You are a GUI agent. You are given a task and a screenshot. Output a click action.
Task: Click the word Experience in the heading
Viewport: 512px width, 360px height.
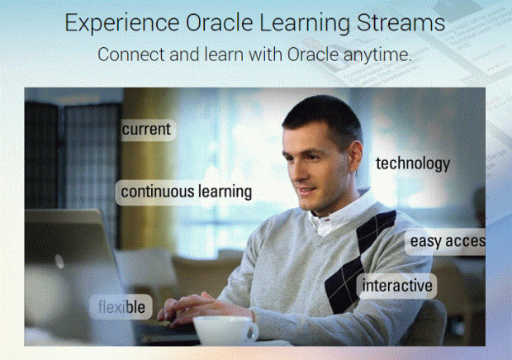(116, 22)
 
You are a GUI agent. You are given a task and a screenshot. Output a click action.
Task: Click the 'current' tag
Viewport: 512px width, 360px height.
(146, 130)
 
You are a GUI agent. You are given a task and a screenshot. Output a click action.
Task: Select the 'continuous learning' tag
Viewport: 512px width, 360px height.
(186, 192)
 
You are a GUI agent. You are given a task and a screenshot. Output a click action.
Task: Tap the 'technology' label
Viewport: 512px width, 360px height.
(412, 163)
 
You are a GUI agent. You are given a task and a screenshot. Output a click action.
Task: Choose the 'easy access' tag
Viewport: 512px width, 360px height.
(446, 241)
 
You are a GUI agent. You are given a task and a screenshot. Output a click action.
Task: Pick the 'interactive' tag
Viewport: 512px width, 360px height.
(398, 286)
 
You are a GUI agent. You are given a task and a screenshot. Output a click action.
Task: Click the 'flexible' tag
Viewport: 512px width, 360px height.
(122, 308)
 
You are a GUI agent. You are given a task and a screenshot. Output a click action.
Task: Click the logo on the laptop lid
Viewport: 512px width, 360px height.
(59, 261)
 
